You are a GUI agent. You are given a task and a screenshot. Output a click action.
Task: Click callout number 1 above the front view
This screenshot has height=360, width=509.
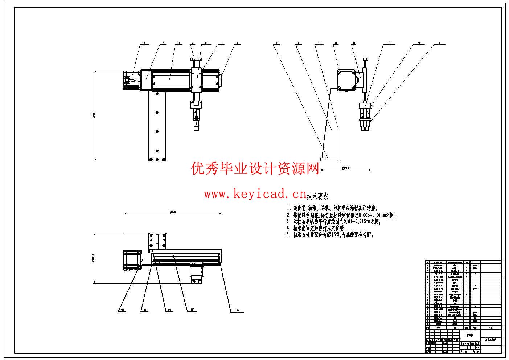[x=144, y=43]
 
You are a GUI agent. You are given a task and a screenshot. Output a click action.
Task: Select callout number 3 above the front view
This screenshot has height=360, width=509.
[x=178, y=43]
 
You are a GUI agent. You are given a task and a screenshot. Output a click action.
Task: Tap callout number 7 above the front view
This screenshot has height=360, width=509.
[x=238, y=43]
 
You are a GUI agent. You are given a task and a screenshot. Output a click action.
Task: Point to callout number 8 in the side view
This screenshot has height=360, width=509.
[x=276, y=43]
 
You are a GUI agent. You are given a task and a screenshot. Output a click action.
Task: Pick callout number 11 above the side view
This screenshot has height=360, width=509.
[x=336, y=43]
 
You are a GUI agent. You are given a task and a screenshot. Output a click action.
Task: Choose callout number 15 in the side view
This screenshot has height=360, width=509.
[x=440, y=43]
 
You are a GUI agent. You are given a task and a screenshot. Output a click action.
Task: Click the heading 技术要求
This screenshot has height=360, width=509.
[x=317, y=197]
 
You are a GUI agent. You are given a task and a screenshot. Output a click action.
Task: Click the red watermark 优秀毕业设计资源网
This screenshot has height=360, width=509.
[x=255, y=168]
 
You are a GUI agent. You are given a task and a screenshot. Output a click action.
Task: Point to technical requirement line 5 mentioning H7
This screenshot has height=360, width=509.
[x=330, y=234]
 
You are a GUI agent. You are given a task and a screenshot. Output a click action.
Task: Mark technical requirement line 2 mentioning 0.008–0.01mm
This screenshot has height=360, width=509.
[x=341, y=215]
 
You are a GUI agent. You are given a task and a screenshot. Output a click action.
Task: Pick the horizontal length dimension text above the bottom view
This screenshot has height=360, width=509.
[x=173, y=212]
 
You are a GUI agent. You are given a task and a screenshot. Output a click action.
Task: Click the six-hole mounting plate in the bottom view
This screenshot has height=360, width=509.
[x=157, y=241]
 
